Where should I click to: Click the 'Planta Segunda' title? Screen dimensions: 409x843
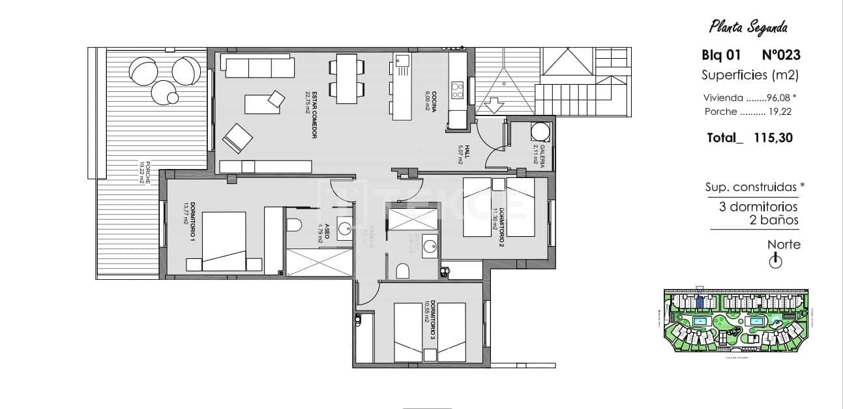click(x=748, y=27)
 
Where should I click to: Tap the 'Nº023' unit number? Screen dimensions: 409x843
click(x=780, y=55)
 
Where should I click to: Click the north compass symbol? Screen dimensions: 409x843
click(x=775, y=262)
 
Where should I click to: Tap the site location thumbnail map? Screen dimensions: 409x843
click(x=733, y=322)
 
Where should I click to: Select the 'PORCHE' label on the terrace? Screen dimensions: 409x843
click(x=145, y=174)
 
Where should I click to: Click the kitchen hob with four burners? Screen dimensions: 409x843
click(x=458, y=90)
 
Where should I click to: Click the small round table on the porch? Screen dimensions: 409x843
click(x=173, y=98)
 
